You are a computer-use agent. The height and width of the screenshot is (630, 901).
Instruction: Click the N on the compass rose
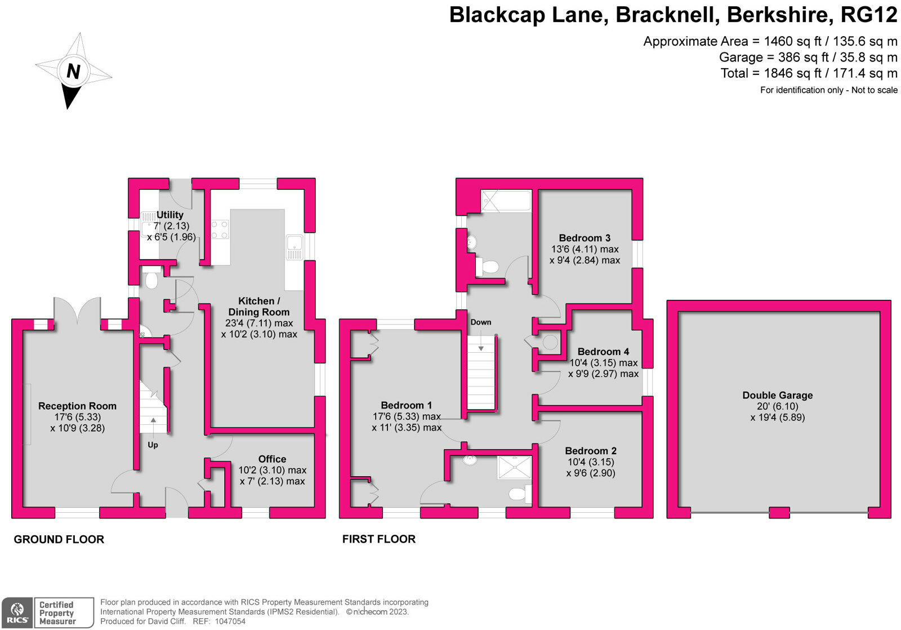(x=73, y=72)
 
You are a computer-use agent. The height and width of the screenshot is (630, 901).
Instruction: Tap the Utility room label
(x=170, y=215)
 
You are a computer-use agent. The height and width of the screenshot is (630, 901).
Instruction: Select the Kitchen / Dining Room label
(x=259, y=307)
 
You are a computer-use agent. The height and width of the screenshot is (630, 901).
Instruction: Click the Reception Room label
(x=77, y=406)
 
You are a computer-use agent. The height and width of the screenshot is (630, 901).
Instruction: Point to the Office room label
(x=273, y=459)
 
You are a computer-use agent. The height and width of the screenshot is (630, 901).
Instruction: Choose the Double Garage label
(x=778, y=396)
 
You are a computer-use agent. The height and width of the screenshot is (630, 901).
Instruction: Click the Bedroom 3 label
(x=585, y=238)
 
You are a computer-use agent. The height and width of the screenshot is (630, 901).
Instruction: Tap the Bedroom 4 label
(x=603, y=352)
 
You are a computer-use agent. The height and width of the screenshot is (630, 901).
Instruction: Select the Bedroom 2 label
(x=591, y=451)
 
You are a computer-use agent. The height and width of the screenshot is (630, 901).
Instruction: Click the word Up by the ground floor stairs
(x=153, y=445)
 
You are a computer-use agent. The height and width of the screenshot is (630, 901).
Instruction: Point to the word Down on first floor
(x=481, y=322)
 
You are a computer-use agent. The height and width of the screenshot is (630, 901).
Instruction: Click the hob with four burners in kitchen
(x=220, y=229)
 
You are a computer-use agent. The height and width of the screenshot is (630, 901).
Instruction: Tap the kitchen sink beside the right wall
(x=295, y=247)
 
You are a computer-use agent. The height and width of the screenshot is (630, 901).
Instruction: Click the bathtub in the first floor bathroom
(x=506, y=201)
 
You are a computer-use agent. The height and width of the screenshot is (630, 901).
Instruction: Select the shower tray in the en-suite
(x=514, y=467)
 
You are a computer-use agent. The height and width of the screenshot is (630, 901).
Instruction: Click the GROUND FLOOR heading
(x=59, y=539)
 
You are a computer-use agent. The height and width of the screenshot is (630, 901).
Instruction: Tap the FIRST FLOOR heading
(x=378, y=539)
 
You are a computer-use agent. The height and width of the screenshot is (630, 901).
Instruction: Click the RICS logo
(x=17, y=613)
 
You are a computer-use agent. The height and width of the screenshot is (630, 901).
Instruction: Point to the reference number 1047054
(x=230, y=621)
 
